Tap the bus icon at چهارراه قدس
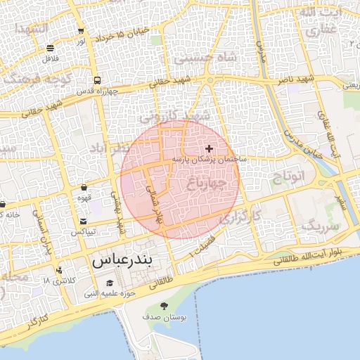(x=96, y=79)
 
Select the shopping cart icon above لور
(x=82, y=30)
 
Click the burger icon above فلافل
(x=51, y=49)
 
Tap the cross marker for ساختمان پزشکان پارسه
(x=209, y=148)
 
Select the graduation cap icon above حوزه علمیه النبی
(x=110, y=283)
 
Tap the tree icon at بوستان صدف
(x=164, y=306)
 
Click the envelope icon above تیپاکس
(x=84, y=221)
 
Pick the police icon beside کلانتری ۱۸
(x=59, y=270)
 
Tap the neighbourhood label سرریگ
(x=321, y=226)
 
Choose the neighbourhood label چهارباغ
(x=206, y=184)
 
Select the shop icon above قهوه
(x=84, y=188)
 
